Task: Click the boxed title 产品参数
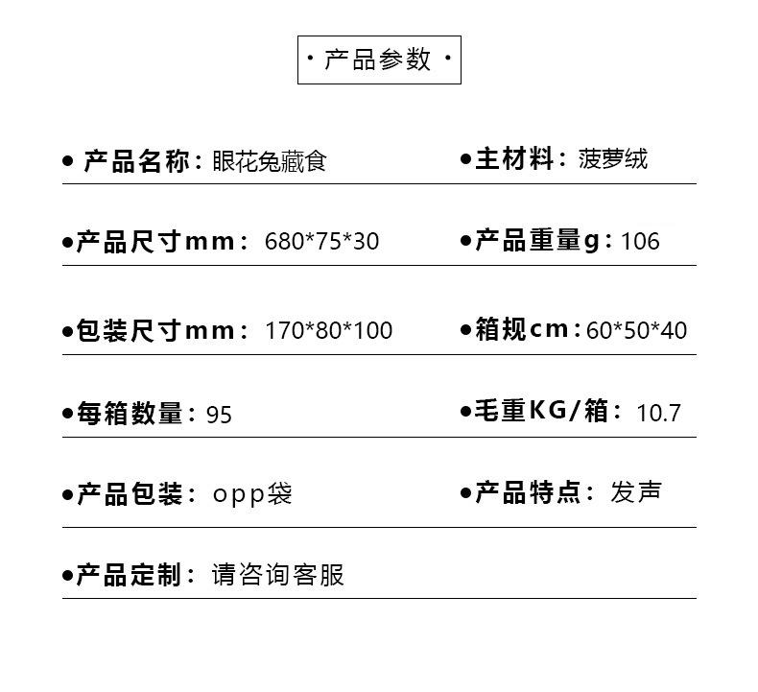(x=379, y=60)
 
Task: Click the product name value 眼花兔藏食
(x=270, y=161)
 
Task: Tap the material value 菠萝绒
(x=613, y=159)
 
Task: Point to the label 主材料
(x=515, y=159)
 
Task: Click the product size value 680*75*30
(x=321, y=241)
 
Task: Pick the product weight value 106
(x=640, y=241)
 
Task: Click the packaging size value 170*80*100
(x=328, y=331)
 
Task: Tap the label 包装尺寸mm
(x=155, y=331)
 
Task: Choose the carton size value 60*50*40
(x=636, y=331)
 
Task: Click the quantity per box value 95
(x=219, y=415)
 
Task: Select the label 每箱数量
(x=130, y=415)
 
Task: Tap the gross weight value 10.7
(x=658, y=414)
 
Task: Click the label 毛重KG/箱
(x=542, y=412)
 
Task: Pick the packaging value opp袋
(x=252, y=494)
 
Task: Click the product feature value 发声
(x=636, y=492)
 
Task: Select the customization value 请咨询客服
(x=278, y=575)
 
